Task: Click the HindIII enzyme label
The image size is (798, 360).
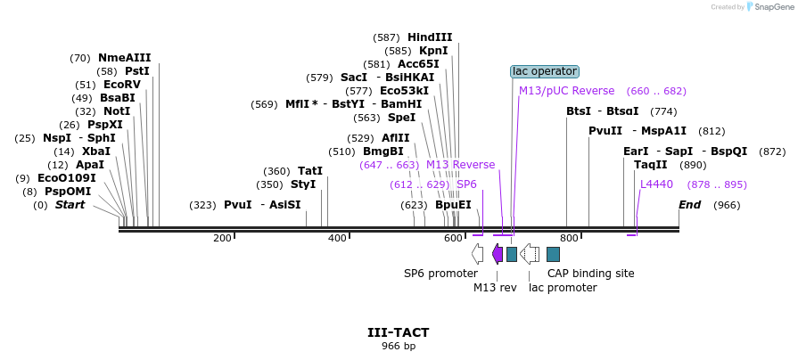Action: (430, 37)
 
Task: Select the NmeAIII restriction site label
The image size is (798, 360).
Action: (124, 58)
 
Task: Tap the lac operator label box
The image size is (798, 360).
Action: (544, 71)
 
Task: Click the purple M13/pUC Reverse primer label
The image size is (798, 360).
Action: (566, 91)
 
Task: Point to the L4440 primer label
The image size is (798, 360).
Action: (656, 184)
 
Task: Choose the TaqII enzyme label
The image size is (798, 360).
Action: (650, 165)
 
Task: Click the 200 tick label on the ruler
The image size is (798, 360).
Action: (222, 238)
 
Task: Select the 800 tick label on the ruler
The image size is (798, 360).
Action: (569, 238)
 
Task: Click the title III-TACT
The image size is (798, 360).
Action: (399, 332)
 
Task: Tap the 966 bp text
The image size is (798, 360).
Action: (399, 346)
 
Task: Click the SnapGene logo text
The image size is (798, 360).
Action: (772, 7)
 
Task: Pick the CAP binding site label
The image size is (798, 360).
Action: (590, 274)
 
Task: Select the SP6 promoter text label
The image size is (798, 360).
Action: (440, 274)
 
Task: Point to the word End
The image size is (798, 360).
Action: (689, 205)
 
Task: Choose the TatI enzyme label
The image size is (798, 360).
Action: (309, 171)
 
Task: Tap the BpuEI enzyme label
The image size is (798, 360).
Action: (453, 205)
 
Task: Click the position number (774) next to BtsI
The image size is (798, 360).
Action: (663, 111)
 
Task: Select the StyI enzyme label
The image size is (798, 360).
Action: (303, 184)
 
